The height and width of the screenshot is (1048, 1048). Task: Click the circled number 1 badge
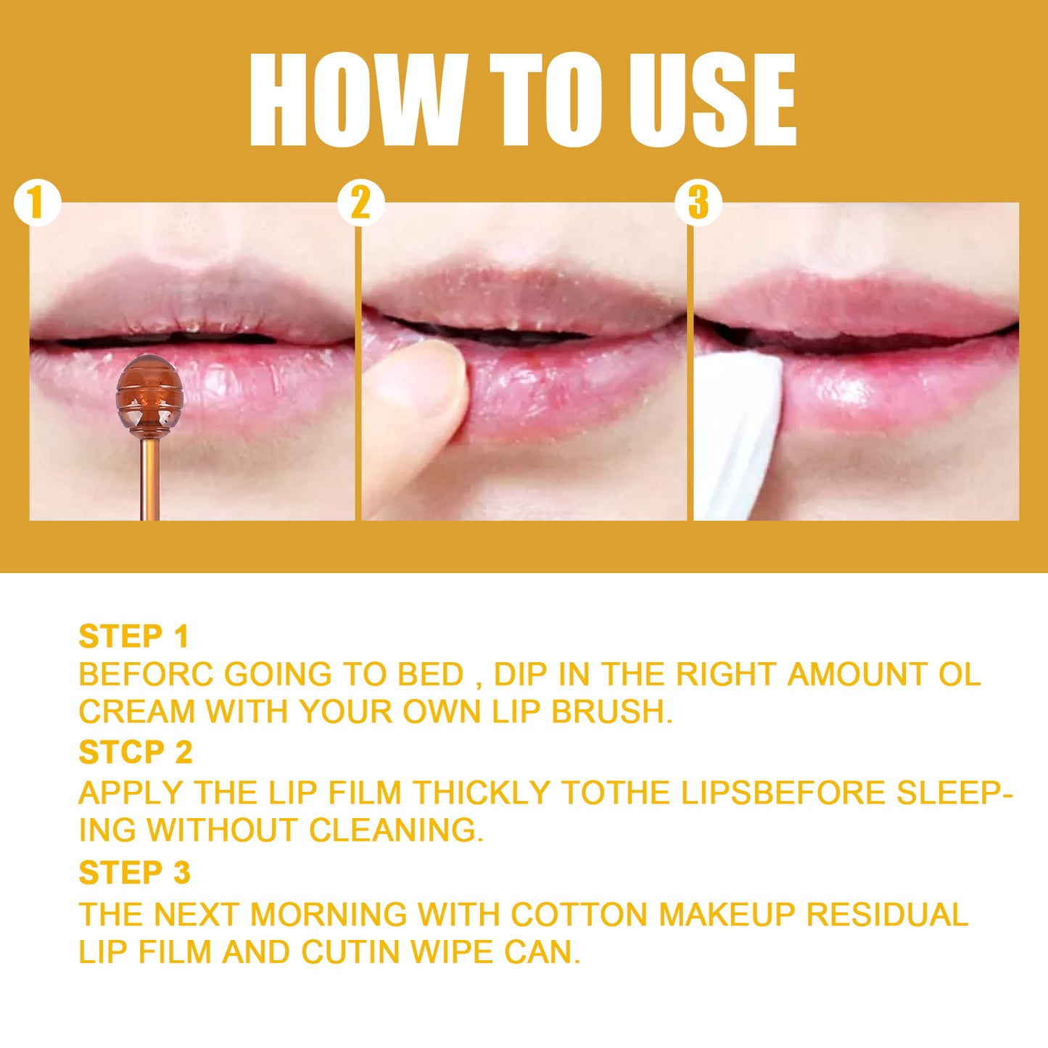point(36,202)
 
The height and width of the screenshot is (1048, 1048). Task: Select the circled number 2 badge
point(360,202)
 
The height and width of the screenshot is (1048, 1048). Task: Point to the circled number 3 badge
point(698,202)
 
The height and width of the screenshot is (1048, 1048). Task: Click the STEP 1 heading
point(133,637)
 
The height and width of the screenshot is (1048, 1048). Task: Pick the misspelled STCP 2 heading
point(135,753)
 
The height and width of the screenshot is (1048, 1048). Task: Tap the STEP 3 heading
point(134,872)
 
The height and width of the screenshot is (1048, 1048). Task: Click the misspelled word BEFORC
point(146,674)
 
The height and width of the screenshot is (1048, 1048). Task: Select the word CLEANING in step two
point(396,830)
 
